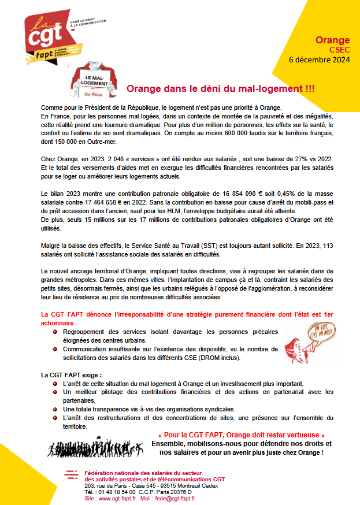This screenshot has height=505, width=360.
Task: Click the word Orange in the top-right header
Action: tap(332, 40)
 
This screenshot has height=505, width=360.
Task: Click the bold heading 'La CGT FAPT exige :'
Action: tap(72, 375)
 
